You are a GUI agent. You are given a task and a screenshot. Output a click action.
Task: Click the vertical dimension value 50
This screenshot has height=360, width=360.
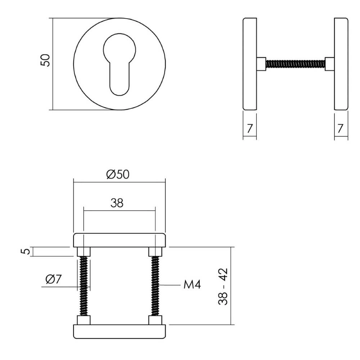click(45, 60)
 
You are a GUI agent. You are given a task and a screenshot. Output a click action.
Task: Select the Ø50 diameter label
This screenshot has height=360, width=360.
click(118, 175)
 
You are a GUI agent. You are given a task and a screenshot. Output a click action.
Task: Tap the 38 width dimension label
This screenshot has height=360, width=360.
click(117, 203)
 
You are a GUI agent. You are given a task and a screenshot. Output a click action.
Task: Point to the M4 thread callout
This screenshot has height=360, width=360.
click(192, 285)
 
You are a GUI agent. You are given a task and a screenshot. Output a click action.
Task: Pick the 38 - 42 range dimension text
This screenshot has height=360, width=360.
click(223, 287)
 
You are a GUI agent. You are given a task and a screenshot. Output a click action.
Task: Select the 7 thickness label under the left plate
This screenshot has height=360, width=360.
click(249, 127)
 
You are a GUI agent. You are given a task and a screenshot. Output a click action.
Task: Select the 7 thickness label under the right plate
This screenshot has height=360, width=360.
click(341, 127)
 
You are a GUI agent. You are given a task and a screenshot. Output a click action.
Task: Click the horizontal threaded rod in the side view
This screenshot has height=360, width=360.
click(295, 64)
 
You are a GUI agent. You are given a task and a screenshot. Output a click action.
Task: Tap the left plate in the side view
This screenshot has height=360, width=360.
click(249, 64)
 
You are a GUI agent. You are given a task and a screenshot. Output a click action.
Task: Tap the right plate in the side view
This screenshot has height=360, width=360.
click(341, 64)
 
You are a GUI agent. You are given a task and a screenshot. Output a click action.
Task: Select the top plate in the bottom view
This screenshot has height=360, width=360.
click(119, 240)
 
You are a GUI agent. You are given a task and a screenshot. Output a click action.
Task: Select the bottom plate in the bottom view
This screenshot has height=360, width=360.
click(119, 332)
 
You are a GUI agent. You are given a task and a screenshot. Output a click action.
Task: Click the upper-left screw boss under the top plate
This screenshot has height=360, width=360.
click(83, 251)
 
